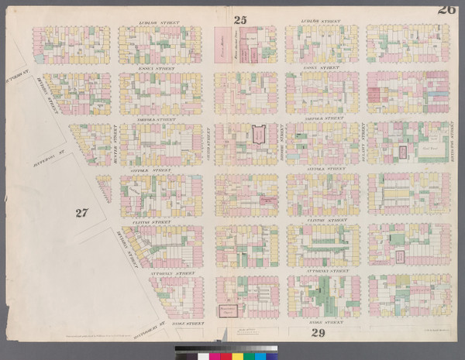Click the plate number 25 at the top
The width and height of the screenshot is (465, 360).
click(x=240, y=21)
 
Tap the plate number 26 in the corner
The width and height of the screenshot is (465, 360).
click(x=446, y=9)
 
